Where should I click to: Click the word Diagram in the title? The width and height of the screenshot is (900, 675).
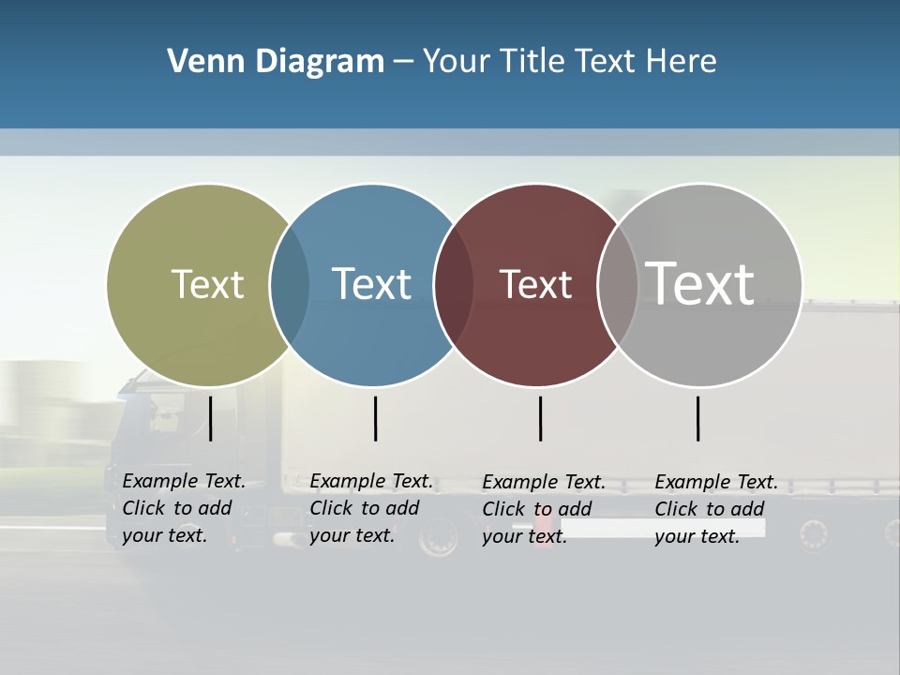coord(320,62)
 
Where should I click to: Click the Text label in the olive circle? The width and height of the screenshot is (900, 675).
coord(207,284)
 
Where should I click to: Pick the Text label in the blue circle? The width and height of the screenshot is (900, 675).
coord(371,284)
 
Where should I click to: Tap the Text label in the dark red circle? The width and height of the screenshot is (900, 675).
coord(535,284)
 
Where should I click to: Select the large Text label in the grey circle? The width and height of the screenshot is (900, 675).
coord(699,283)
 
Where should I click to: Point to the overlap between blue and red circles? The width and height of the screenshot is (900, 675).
coord(452,284)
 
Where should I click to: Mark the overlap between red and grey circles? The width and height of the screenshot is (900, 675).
coord(617,284)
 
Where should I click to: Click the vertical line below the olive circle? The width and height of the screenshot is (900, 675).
coord(210,418)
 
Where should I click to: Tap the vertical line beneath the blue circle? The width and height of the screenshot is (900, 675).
coord(375,418)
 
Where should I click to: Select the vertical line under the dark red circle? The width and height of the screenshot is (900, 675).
coord(540,418)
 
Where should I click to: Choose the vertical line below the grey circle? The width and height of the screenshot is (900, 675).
coord(697,418)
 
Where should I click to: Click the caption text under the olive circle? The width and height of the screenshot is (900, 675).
coord(183,508)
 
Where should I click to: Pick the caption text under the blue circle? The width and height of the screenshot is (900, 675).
coord(370,508)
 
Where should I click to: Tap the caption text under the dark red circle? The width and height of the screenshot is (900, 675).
coord(543,509)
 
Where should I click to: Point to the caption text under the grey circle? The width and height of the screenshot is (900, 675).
coord(715,509)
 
